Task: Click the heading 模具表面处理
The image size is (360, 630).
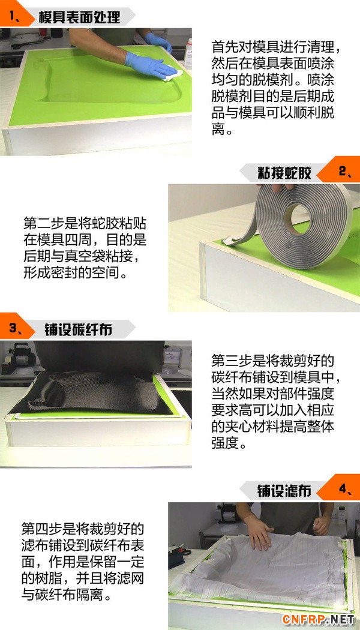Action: click(x=79, y=17)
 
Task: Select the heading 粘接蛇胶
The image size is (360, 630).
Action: click(x=284, y=173)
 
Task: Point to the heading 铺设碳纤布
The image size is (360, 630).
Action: click(x=78, y=330)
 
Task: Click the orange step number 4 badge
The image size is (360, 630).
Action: click(x=340, y=488)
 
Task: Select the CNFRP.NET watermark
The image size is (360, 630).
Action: click(x=318, y=619)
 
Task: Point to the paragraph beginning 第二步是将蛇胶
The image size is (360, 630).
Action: click(x=85, y=248)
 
